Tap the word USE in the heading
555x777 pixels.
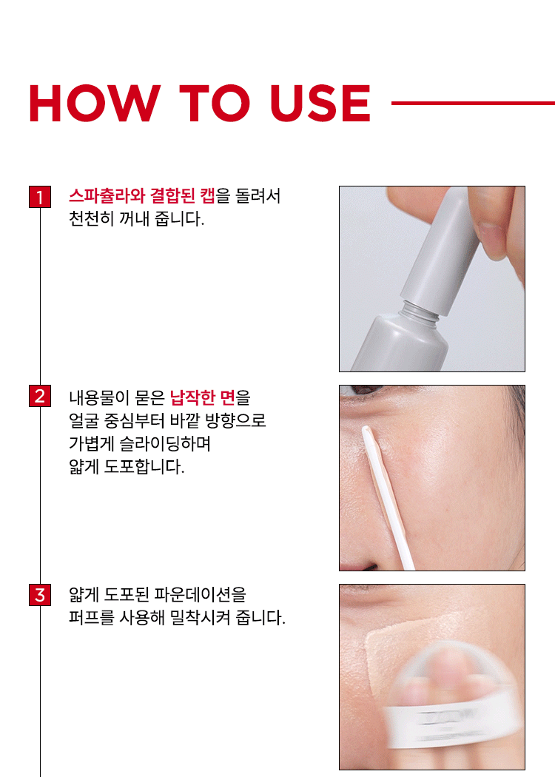click(320, 103)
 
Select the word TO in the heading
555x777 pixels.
click(215, 103)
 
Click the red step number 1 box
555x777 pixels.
click(40, 197)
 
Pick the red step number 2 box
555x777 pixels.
click(40, 396)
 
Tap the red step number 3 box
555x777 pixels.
click(40, 595)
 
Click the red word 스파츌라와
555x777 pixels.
click(107, 196)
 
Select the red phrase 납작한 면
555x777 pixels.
click(202, 397)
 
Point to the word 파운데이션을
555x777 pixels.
click(201, 594)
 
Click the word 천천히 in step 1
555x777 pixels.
click(92, 218)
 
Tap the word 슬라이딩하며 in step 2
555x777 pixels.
click(165, 443)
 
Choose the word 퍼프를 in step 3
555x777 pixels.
click(92, 617)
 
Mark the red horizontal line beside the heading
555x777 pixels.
click(474, 103)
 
